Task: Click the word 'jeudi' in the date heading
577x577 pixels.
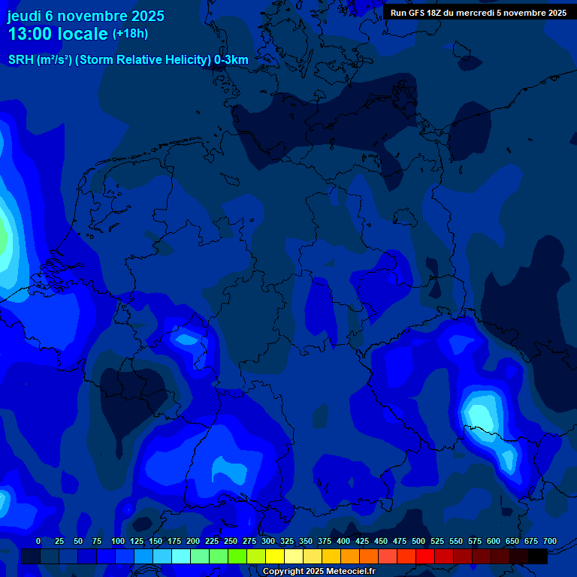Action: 24,16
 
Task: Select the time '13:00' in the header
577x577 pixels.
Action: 31,34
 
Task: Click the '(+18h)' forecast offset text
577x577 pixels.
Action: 130,33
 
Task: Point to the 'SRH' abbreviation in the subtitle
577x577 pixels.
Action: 21,60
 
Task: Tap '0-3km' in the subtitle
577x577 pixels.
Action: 231,60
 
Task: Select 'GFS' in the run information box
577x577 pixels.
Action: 418,13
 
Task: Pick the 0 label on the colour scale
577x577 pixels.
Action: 38,541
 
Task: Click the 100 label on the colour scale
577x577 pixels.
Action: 118,541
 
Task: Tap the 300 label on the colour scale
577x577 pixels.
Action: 268,541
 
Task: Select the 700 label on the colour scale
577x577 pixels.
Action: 550,541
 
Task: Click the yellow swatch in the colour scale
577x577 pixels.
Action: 275,556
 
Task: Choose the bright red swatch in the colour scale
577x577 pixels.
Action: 425,556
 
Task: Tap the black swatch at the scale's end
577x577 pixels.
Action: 538,556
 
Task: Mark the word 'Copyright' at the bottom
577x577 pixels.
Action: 283,572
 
